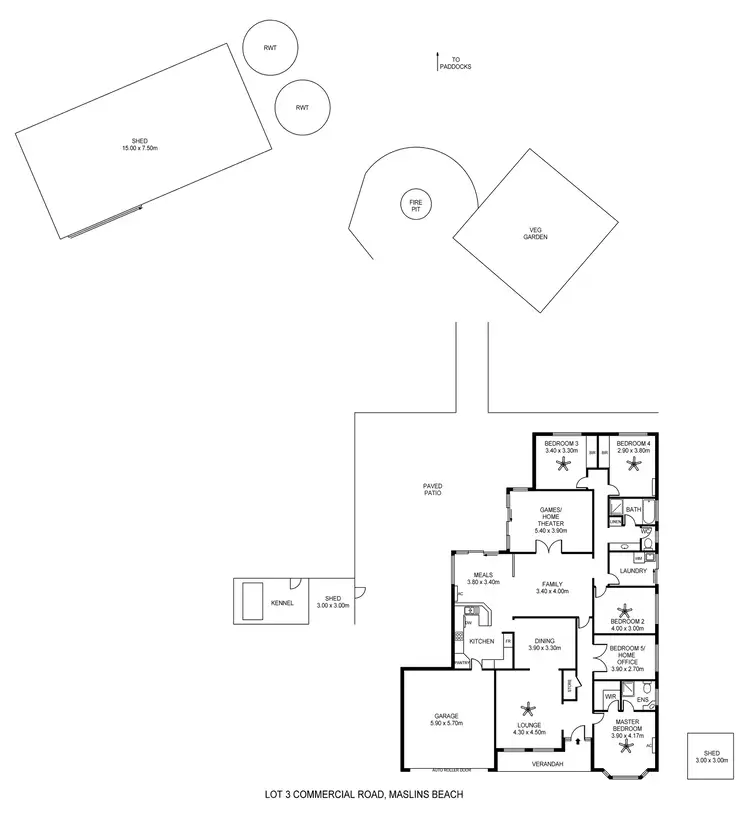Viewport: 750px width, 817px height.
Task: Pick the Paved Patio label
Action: [432, 489]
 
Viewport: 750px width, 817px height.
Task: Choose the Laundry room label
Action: [633, 571]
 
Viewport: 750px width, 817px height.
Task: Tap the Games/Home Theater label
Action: [551, 519]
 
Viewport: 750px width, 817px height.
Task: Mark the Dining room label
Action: [545, 642]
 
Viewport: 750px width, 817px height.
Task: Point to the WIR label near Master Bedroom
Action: [609, 695]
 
